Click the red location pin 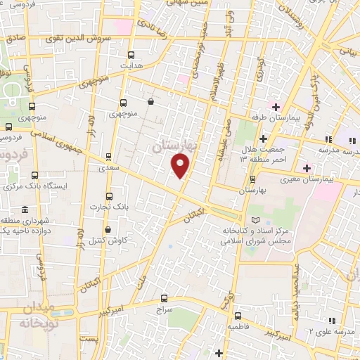point(181,165)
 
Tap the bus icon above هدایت point(131,55)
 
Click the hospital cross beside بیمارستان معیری point(306,168)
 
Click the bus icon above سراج point(164,297)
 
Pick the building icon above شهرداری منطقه point(25,210)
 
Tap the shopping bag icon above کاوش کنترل point(107,229)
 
